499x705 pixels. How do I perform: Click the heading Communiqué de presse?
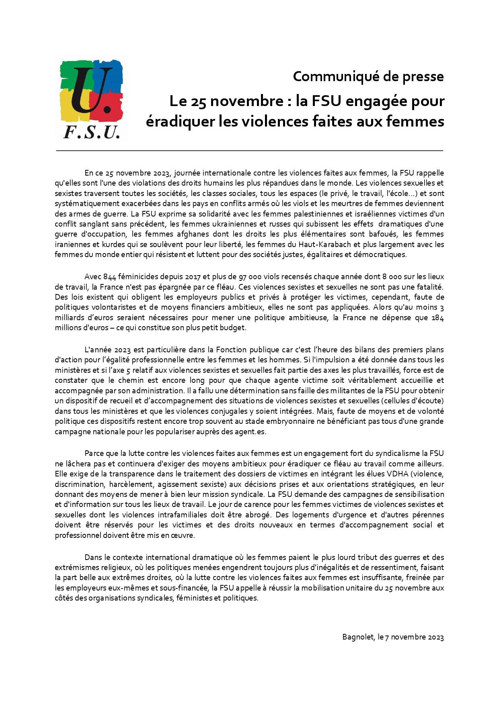point(368,76)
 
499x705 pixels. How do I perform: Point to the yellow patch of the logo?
point(68,106)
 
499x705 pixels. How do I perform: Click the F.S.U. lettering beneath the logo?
point(92,132)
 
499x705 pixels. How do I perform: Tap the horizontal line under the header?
point(249,151)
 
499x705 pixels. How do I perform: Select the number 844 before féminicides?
point(110,277)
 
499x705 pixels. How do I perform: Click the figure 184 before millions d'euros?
point(437,317)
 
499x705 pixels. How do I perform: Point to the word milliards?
point(69,317)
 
